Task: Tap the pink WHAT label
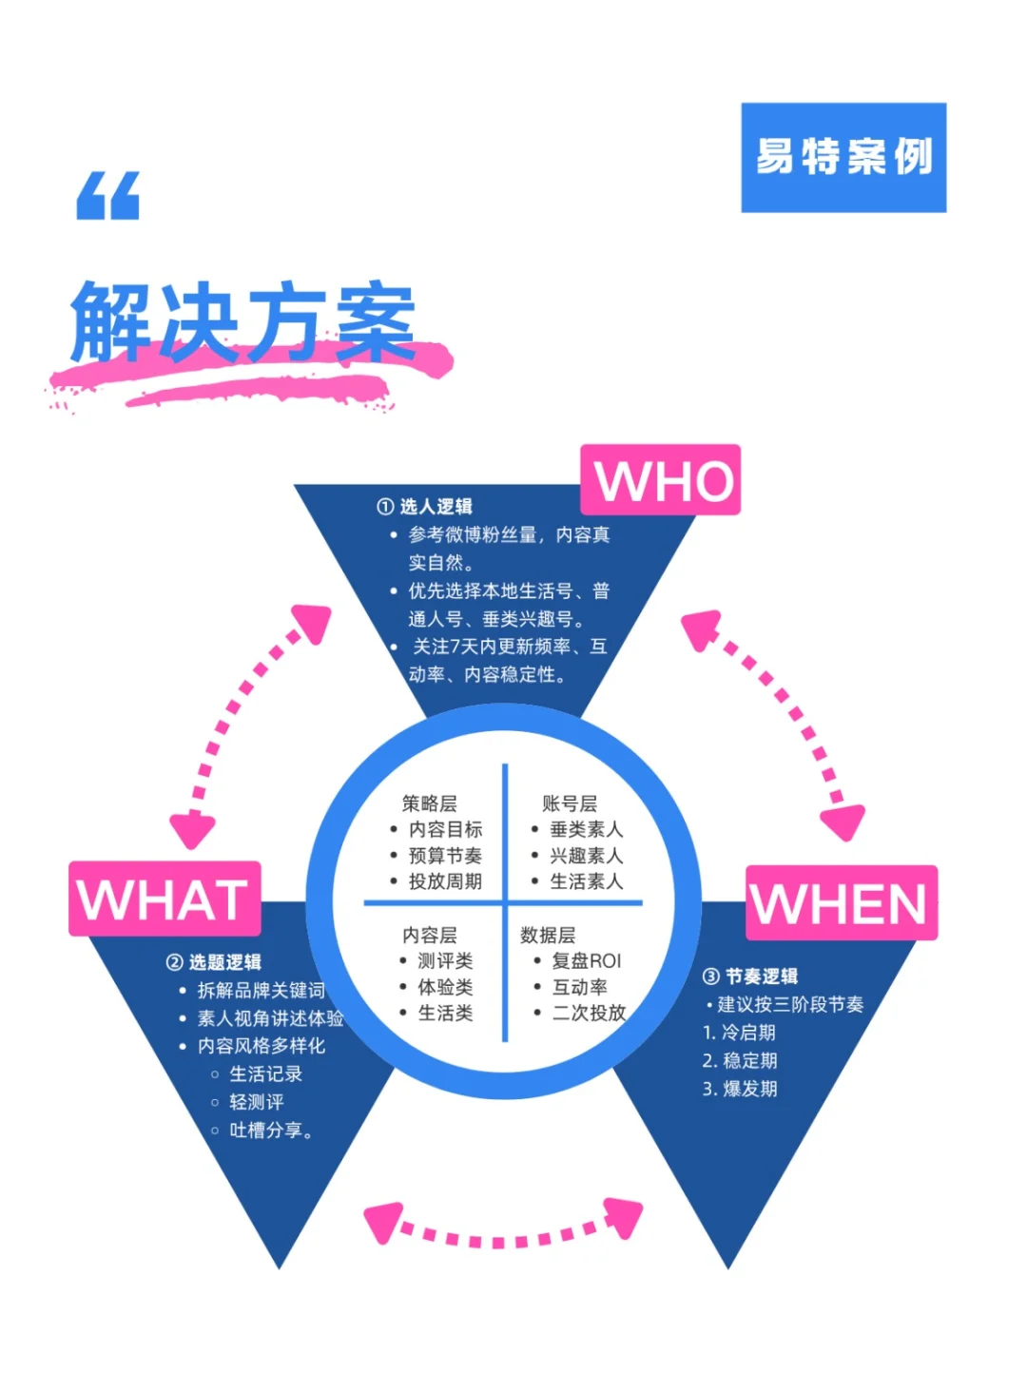click(165, 899)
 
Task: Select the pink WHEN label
click(842, 902)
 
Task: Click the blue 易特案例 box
click(843, 157)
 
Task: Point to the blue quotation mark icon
click(108, 196)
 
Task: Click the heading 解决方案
click(243, 323)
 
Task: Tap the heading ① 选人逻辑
click(425, 507)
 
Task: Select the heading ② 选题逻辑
click(214, 962)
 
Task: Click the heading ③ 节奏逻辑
click(750, 977)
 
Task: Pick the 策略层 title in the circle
click(429, 803)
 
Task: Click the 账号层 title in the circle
click(570, 803)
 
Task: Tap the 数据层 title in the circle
click(548, 935)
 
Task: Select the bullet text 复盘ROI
click(586, 961)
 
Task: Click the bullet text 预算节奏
click(445, 856)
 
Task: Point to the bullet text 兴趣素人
click(586, 856)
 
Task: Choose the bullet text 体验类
click(445, 987)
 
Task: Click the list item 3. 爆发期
click(740, 1089)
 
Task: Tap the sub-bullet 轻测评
click(257, 1102)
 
